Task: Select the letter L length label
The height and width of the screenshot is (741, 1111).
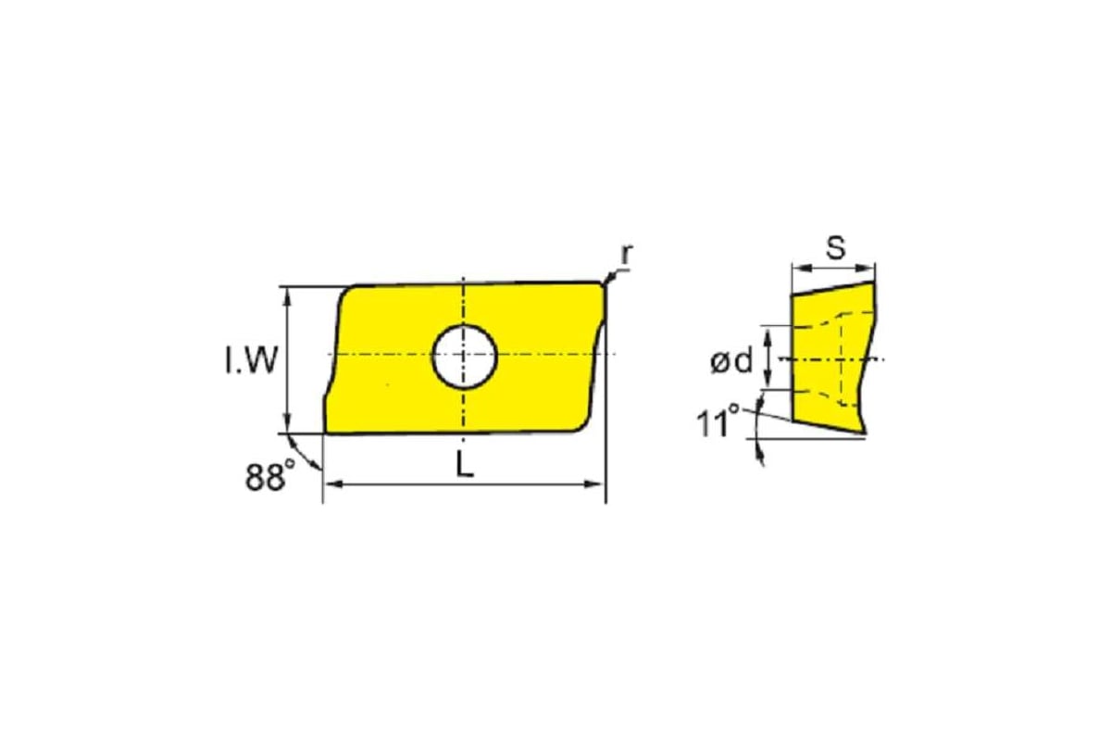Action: click(464, 465)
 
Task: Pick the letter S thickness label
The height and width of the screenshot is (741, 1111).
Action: click(835, 247)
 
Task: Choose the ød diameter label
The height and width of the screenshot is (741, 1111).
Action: click(731, 360)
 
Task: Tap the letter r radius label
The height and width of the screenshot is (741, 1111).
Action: click(628, 254)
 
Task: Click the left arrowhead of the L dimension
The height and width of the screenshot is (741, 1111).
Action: click(333, 484)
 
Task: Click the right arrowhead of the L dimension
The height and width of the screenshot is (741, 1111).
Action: click(594, 484)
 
